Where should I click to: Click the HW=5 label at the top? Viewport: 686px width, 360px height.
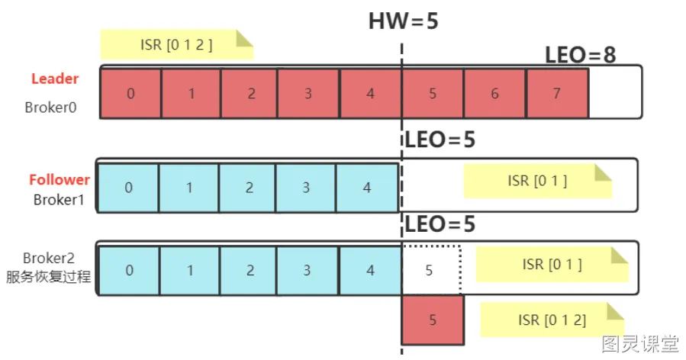coord(403,21)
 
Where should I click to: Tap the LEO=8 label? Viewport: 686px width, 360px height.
coord(580,55)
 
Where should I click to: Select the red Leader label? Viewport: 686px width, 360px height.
coord(55,79)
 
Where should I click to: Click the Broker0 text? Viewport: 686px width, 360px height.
coord(51,108)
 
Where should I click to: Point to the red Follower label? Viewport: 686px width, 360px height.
coord(60,180)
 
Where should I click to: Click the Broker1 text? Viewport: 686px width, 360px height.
coord(59,200)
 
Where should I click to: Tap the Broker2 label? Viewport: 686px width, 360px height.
coord(49,258)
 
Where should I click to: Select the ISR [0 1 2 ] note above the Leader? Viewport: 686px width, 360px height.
coord(177,44)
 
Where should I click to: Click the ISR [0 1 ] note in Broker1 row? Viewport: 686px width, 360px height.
coord(537,181)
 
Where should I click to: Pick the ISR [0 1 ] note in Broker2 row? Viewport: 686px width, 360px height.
coord(552,264)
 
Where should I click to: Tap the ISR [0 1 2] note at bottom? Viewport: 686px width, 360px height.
coord(552,320)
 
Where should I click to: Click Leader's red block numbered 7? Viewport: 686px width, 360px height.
coord(557,94)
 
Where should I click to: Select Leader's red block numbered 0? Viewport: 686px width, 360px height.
coord(130,94)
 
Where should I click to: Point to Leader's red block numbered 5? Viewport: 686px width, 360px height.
coord(433,94)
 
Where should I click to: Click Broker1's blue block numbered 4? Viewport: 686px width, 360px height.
coord(367,188)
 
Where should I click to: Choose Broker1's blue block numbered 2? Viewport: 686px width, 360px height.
coord(249,188)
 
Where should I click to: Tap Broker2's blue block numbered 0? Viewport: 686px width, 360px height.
coord(130,270)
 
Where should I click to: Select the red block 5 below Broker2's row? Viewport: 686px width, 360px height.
coord(433,320)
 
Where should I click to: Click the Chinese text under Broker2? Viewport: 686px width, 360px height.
coord(49,276)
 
